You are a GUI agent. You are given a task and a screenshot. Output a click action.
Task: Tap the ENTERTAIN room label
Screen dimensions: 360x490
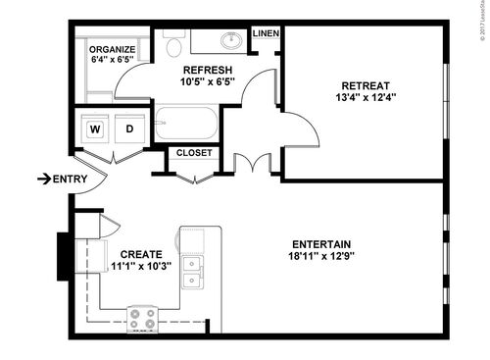[321, 244]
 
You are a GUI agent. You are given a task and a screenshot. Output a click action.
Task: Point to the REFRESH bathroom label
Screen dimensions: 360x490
[206, 70]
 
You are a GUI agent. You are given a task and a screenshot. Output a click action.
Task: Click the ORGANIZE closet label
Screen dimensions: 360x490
[112, 48]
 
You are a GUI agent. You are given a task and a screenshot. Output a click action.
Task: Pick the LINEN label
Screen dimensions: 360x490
[266, 33]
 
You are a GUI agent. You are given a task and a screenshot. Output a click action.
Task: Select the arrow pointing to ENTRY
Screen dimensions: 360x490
[43, 179]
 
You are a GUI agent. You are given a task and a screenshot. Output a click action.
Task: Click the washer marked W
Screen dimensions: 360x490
[96, 129]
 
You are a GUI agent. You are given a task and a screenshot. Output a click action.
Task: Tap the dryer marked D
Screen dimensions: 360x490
[129, 129]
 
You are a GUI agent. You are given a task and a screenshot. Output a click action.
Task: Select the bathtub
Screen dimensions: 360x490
[186, 124]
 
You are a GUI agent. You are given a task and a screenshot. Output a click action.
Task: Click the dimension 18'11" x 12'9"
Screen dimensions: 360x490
[321, 257]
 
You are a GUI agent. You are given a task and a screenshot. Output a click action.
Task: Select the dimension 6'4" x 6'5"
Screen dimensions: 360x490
[112, 60]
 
